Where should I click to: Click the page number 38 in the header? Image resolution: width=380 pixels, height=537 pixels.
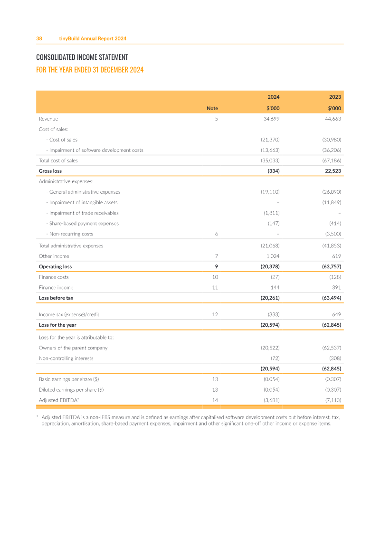pyautogui.click(x=39, y=38)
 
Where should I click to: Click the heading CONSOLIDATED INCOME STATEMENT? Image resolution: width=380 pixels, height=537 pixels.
pyautogui.click(x=82, y=57)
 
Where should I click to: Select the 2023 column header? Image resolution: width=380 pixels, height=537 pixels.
pyautogui.click(x=335, y=97)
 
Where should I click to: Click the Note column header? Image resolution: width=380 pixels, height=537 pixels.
pyautogui.click(x=212, y=108)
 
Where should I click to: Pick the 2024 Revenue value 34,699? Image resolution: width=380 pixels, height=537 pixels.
pyautogui.click(x=271, y=119)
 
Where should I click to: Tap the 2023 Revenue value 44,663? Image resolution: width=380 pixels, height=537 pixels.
pyautogui.click(x=333, y=119)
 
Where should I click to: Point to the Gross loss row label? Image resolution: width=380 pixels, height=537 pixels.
pyautogui.click(x=50, y=171)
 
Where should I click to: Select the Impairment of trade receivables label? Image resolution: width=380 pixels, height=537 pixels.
pyautogui.click(x=84, y=213)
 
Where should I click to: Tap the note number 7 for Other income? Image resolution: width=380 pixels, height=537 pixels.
pyautogui.click(x=217, y=256)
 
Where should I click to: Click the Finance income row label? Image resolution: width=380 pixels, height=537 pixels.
pyautogui.click(x=56, y=287)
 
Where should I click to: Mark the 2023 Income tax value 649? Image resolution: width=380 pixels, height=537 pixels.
pyautogui.click(x=337, y=314)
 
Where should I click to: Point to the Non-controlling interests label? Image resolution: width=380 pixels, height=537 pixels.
pyautogui.click(x=66, y=358)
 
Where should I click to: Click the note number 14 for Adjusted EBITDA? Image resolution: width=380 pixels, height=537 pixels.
pyautogui.click(x=215, y=400)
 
